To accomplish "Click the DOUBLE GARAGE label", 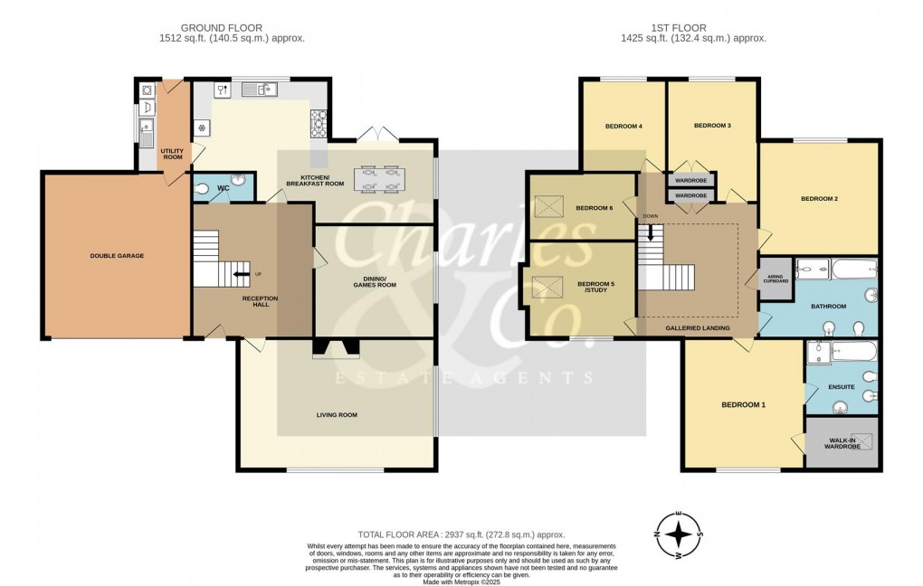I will click(x=117, y=256).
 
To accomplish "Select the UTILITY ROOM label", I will click(x=172, y=154).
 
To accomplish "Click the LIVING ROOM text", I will click(x=337, y=415).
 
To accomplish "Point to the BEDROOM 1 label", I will click(x=743, y=404).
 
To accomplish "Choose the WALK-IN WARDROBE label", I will click(x=842, y=443).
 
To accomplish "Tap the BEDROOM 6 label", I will click(x=595, y=208).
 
